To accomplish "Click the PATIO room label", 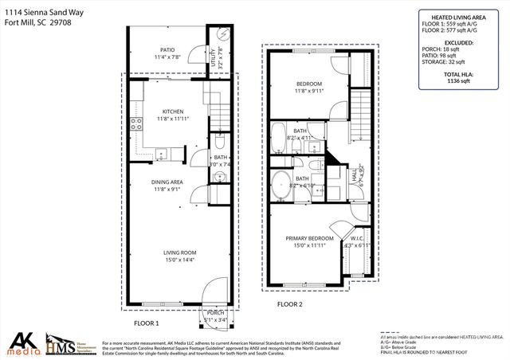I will pyautogui.click(x=167, y=49).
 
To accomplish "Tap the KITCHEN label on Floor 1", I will pyautogui.click(x=173, y=112).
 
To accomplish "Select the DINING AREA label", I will pyautogui.click(x=168, y=182).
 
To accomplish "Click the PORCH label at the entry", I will pyautogui.click(x=216, y=313).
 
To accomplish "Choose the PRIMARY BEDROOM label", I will pyautogui.click(x=309, y=238).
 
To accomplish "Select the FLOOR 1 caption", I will pyautogui.click(x=147, y=323).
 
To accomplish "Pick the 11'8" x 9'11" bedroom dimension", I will pyautogui.click(x=309, y=91).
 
